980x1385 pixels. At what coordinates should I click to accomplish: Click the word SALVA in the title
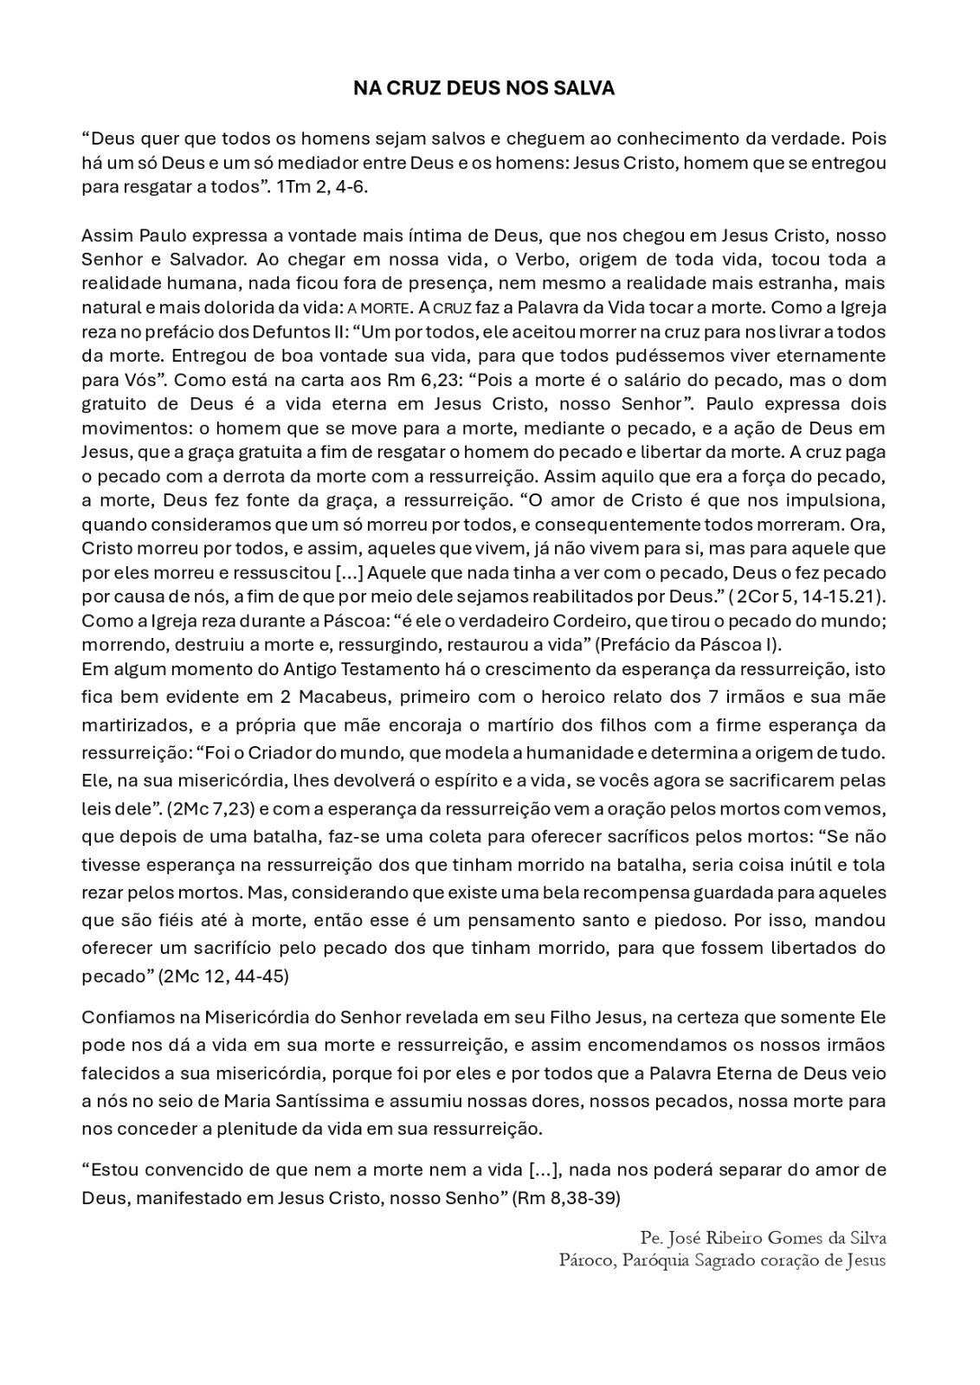coord(583,88)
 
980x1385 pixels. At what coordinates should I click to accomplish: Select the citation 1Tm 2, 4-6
coord(322,187)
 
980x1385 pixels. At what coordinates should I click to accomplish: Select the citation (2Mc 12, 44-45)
coord(223,976)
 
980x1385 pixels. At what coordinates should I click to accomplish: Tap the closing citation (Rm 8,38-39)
coord(567,1199)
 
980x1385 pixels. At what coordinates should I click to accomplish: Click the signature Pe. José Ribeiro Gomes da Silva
coord(763,1236)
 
